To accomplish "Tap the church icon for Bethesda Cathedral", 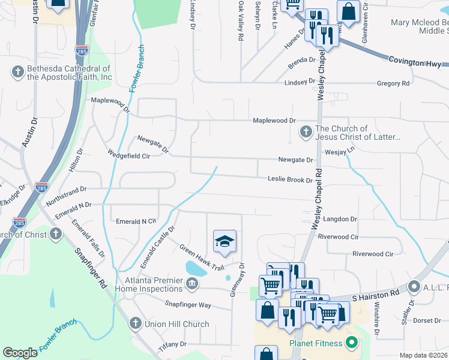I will [x=17, y=73].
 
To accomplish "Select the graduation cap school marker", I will [x=225, y=241].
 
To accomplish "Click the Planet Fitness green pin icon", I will [x=353, y=343].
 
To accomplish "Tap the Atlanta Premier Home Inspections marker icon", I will [x=191, y=283].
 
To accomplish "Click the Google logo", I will [x=20, y=353].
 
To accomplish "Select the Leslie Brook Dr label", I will [x=290, y=180].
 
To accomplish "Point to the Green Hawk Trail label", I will [x=201, y=257].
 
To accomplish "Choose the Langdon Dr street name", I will [x=340, y=220].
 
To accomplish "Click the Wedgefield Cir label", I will [x=128, y=155].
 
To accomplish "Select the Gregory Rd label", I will [x=393, y=83].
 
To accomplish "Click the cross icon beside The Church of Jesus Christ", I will [x=306, y=131].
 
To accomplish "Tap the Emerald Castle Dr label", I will [x=157, y=247].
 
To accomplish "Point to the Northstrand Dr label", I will [x=66, y=193].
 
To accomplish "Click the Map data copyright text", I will [x=423, y=355].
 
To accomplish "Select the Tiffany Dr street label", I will [x=172, y=344].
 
